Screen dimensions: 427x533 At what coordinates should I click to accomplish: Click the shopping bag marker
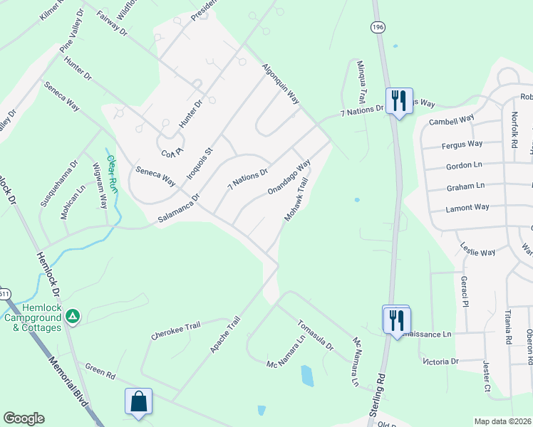point(138,401)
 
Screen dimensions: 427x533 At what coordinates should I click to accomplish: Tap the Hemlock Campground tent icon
point(73,315)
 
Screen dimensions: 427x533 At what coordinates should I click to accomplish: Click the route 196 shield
point(376,26)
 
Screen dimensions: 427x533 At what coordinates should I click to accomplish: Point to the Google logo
point(24,418)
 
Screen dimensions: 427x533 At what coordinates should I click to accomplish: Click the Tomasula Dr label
point(315,334)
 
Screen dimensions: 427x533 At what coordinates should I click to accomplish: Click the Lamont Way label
point(467,208)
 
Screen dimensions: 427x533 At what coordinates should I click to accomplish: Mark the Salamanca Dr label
point(179,210)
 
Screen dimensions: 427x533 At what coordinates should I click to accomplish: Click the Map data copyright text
point(503,421)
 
